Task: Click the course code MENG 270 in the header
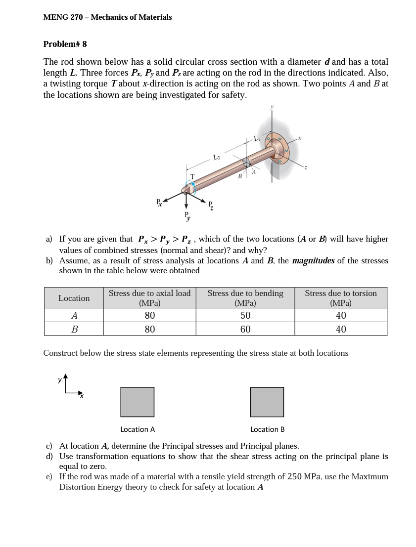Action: tap(63, 17)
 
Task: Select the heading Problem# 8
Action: tap(65, 44)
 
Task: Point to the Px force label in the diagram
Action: tap(159, 202)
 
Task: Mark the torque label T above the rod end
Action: tap(192, 176)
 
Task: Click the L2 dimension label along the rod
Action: tap(216, 158)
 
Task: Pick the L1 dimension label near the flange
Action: tap(256, 138)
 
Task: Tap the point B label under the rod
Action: tap(240, 176)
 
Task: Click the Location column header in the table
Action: tap(74, 298)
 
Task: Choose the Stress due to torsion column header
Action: tap(341, 298)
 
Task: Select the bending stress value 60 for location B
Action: tap(245, 329)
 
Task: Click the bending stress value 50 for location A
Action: tap(245, 315)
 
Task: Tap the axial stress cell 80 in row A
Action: tap(150, 315)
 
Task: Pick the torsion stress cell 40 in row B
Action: tap(341, 329)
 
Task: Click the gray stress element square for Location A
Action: tap(138, 402)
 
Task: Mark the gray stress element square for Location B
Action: tap(267, 402)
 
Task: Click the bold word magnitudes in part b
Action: tap(313, 260)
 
